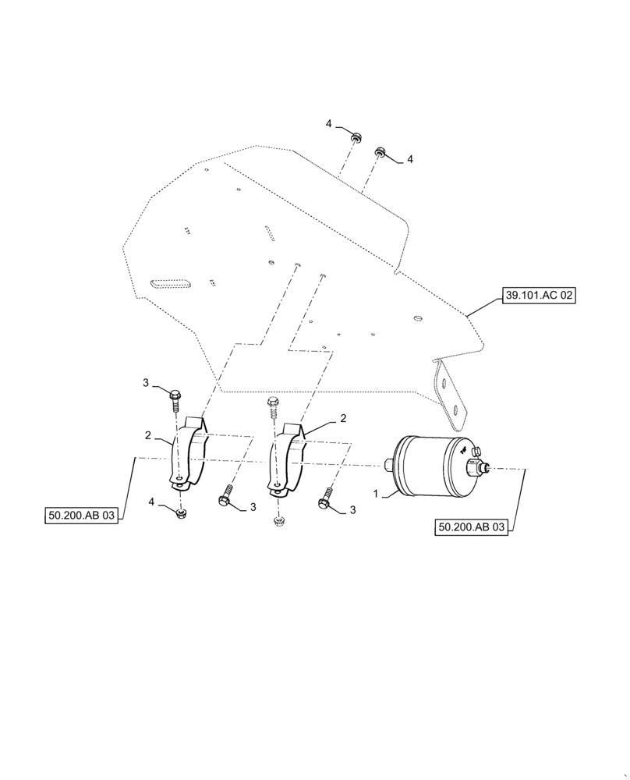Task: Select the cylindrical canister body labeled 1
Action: click(429, 466)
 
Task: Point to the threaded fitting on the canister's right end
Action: click(478, 468)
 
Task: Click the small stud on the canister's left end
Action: click(388, 466)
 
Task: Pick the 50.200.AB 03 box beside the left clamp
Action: click(80, 516)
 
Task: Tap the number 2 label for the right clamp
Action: click(342, 419)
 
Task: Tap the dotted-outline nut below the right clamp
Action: click(278, 520)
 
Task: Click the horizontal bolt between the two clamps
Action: click(227, 495)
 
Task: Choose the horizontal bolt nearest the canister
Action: click(325, 498)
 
